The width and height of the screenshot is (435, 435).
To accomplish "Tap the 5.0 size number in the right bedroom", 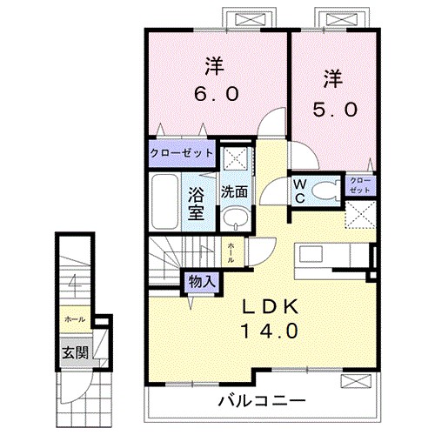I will point(331,110).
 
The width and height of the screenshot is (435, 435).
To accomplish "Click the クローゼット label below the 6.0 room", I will point(181,153).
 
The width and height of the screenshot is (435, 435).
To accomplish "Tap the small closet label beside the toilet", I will point(359,184).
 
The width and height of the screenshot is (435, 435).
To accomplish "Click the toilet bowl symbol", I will point(326,191).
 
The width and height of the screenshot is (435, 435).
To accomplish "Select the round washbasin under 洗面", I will point(232,217).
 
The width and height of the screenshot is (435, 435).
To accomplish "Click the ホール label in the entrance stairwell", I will point(74,319).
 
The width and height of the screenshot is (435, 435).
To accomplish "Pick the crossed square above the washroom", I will point(233,158).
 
